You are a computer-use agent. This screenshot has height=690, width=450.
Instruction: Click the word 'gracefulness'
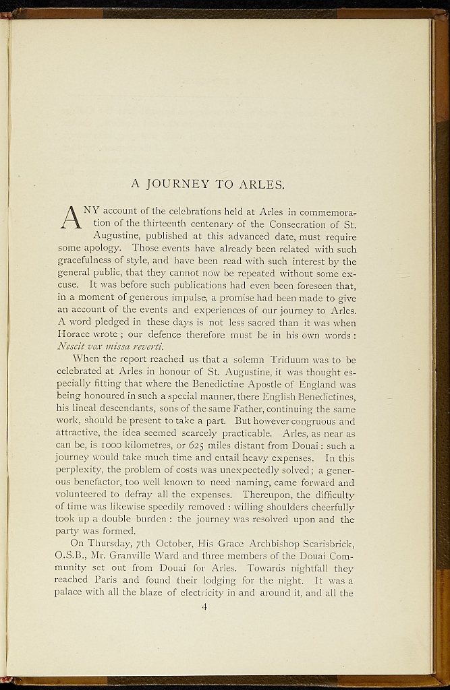click(x=85, y=261)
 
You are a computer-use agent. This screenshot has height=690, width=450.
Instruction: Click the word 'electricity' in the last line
click(x=200, y=594)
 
